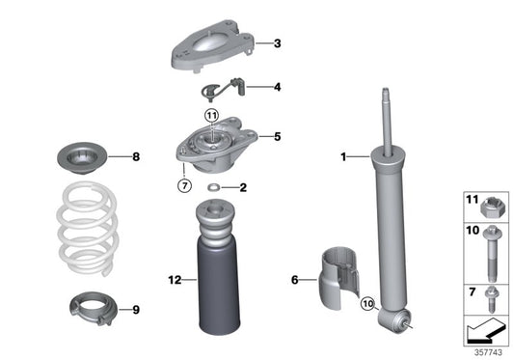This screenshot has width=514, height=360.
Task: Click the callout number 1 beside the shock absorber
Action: point(343,155)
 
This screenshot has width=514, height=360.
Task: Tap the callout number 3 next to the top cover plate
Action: point(277,42)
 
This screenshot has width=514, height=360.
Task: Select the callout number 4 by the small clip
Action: point(277,87)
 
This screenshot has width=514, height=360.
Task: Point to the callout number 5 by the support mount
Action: point(277,137)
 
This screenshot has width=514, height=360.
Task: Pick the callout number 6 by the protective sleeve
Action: point(295,281)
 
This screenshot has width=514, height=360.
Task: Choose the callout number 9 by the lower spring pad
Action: point(136,310)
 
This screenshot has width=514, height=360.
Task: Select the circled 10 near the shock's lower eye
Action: point(368,305)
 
